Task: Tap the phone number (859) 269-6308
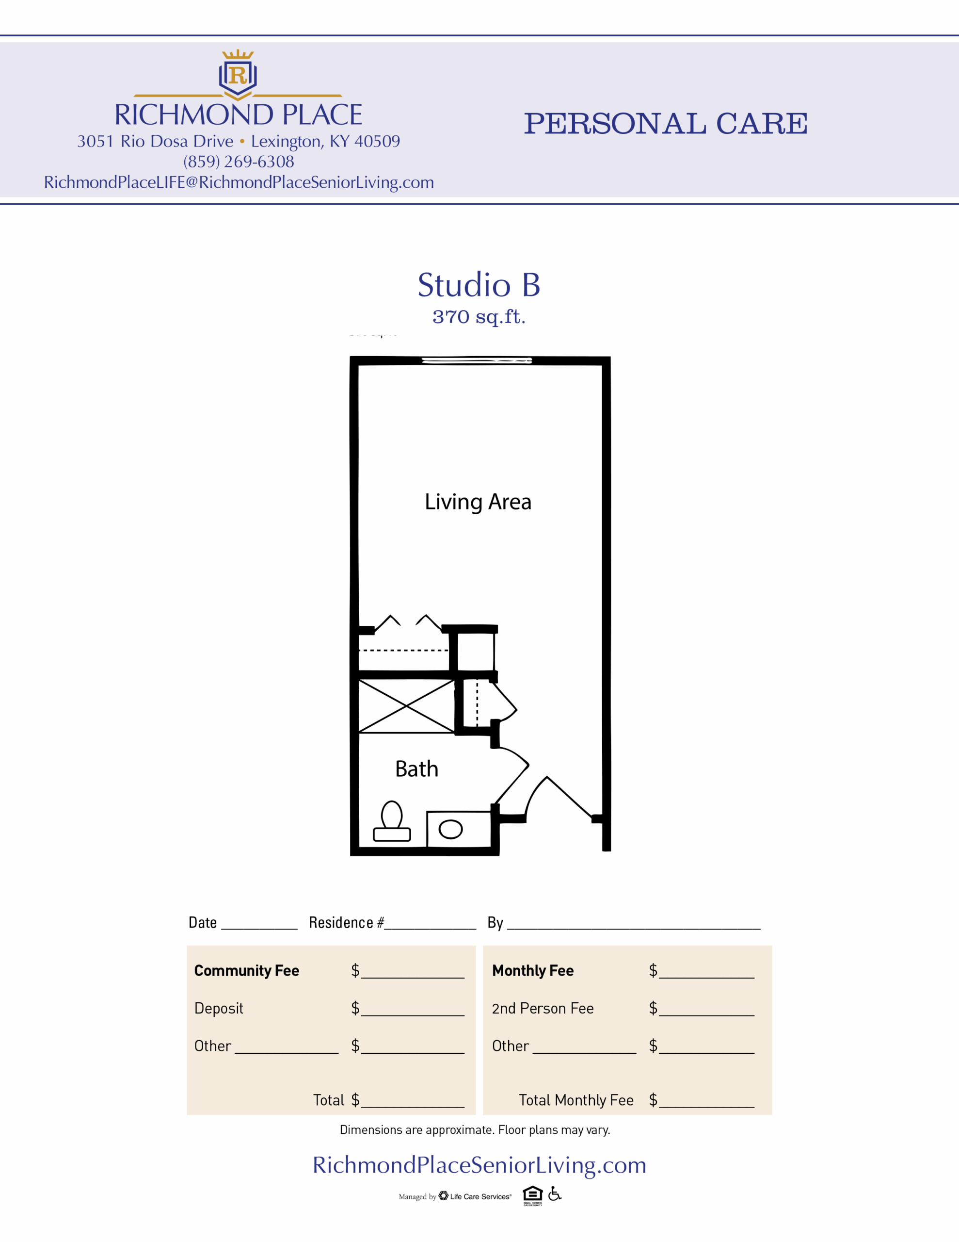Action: click(x=239, y=162)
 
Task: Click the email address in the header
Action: click(x=239, y=182)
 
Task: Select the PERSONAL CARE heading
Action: click(x=666, y=123)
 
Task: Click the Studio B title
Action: click(x=479, y=284)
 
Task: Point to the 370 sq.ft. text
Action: click(x=479, y=317)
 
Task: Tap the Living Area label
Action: click(x=478, y=502)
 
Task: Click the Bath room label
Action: click(x=416, y=769)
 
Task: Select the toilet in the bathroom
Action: click(x=392, y=821)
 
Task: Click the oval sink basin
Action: click(x=451, y=829)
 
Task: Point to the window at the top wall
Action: click(x=477, y=360)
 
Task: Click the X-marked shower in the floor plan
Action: click(x=406, y=706)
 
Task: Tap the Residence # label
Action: click(x=346, y=922)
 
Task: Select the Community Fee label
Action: click(x=247, y=971)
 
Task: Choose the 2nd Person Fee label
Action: click(x=543, y=1009)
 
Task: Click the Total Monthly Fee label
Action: click(x=576, y=1100)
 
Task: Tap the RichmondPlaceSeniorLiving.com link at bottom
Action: click(x=479, y=1165)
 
